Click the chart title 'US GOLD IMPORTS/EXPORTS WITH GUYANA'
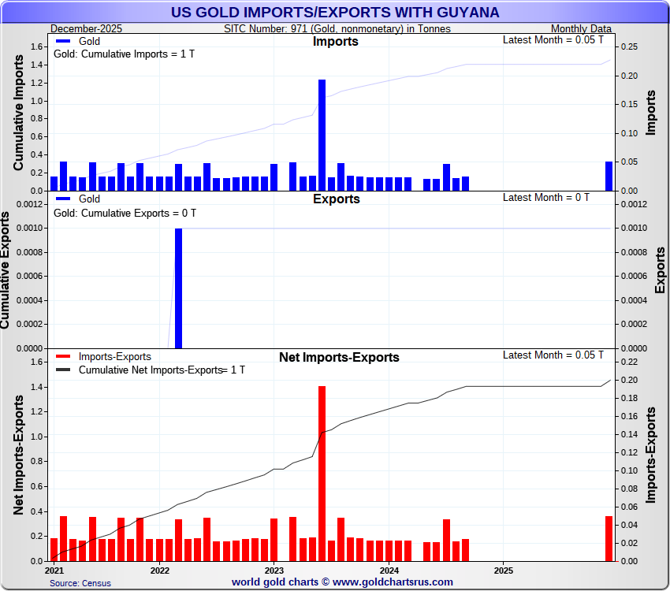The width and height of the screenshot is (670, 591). [x=335, y=13]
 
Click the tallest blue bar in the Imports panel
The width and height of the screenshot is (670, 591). [x=322, y=135]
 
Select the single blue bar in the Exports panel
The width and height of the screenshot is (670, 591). [x=178, y=288]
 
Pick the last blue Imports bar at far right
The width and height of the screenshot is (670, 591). [x=609, y=176]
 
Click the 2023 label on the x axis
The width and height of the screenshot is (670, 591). [x=274, y=570]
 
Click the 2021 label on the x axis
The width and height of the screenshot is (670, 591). [x=54, y=570]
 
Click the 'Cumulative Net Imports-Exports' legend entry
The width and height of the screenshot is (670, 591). [x=150, y=370]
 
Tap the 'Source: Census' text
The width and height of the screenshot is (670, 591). [x=80, y=583]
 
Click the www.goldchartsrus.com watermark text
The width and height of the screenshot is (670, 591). [x=342, y=582]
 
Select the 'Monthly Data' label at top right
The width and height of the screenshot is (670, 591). [x=582, y=28]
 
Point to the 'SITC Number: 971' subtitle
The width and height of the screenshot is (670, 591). [x=337, y=28]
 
